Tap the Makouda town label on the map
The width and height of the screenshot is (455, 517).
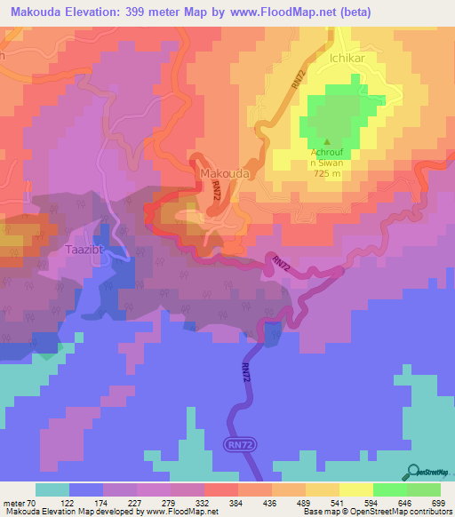point(224,173)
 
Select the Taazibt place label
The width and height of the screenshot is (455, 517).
point(87,250)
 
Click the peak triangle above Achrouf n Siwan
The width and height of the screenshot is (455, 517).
point(328,141)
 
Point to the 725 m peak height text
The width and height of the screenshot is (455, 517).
point(328,173)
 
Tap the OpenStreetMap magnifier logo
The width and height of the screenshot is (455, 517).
point(413,472)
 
